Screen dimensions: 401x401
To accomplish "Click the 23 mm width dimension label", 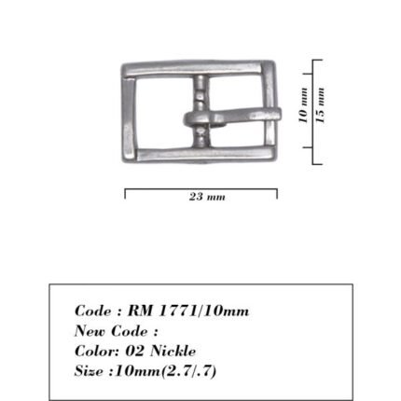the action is point(207,197).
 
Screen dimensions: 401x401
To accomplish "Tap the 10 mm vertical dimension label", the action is point(303,105).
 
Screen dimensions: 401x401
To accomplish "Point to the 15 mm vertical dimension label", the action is point(320,105).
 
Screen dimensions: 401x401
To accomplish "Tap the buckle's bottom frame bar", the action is point(205,154).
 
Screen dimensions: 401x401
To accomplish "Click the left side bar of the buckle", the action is point(129,119).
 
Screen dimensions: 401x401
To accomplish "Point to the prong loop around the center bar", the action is point(199,119).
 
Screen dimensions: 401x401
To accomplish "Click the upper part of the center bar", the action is point(200,93).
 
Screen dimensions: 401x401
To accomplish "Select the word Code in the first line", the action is point(92,311).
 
